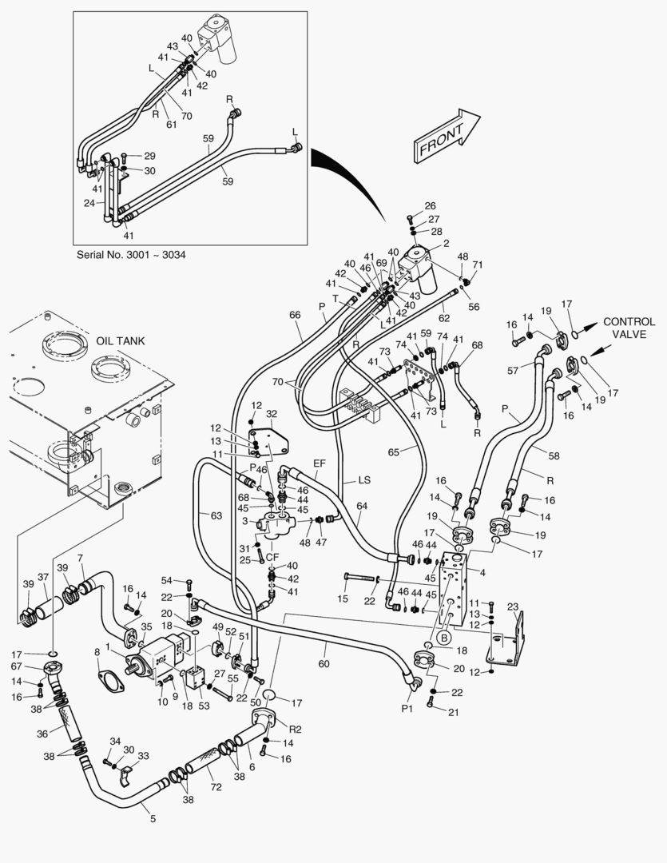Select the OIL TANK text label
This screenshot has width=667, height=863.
[121, 340]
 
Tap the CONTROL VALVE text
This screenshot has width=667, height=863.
[629, 328]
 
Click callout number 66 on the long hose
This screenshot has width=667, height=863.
[295, 315]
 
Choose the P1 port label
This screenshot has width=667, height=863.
[407, 707]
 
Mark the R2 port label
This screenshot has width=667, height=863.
[295, 729]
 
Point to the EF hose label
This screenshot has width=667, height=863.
[320, 463]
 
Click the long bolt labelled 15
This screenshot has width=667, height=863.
[343, 598]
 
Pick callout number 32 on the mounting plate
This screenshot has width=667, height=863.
[272, 414]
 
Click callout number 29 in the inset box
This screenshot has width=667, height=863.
[149, 156]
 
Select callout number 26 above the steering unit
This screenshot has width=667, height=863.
[430, 206]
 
